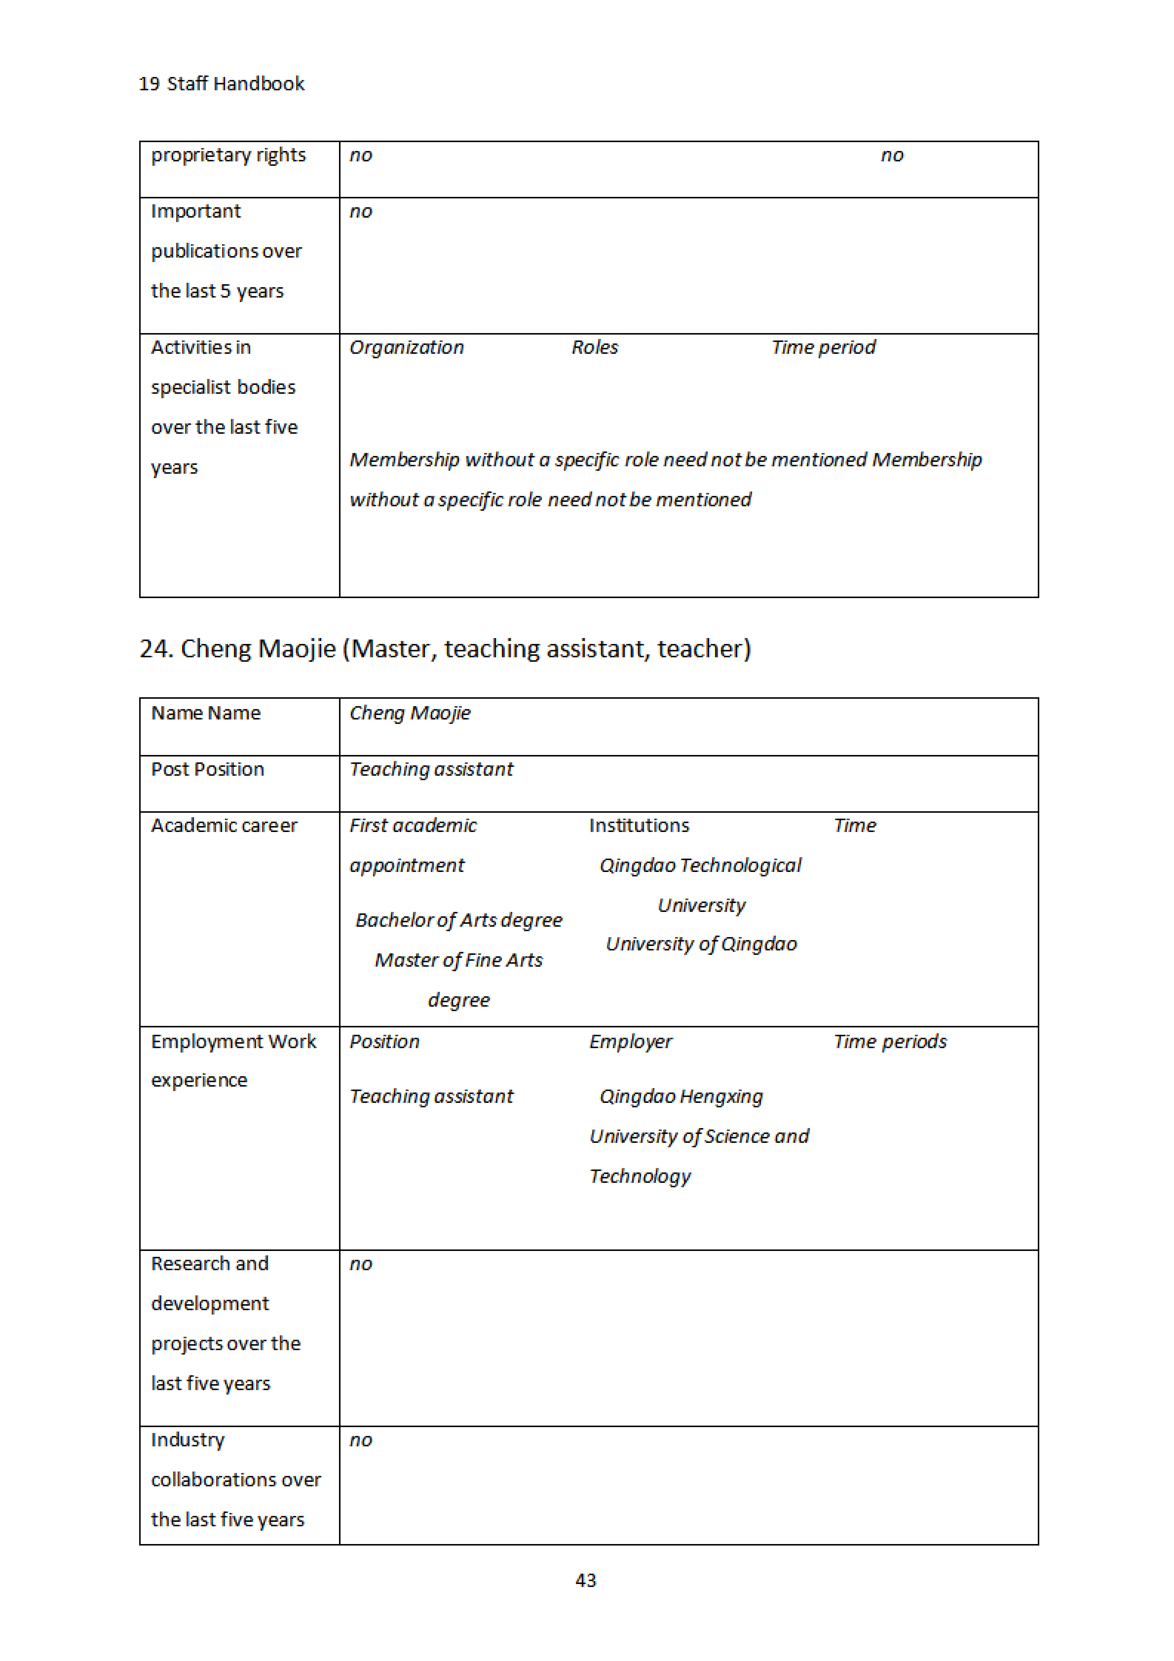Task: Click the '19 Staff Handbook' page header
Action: click(x=221, y=84)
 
